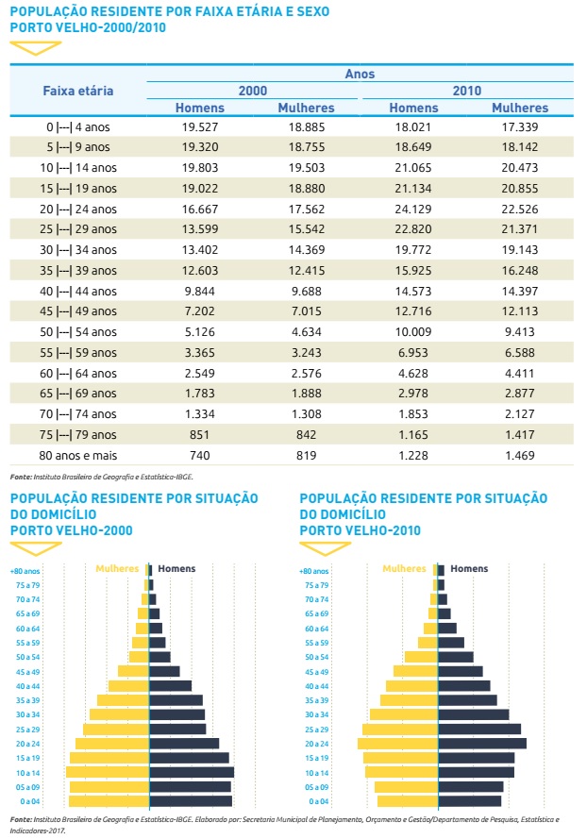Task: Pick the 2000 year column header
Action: click(253, 91)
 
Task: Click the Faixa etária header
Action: click(78, 91)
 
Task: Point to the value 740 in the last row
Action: click(199, 456)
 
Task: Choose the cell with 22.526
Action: click(519, 209)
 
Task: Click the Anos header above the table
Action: click(360, 73)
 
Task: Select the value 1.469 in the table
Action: click(519, 456)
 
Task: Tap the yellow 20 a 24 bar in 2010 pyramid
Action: click(397, 744)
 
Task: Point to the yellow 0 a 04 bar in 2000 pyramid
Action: click(110, 801)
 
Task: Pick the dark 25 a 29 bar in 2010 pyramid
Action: click(480, 730)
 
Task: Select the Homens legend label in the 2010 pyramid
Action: click(469, 569)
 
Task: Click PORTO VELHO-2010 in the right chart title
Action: click(361, 530)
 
